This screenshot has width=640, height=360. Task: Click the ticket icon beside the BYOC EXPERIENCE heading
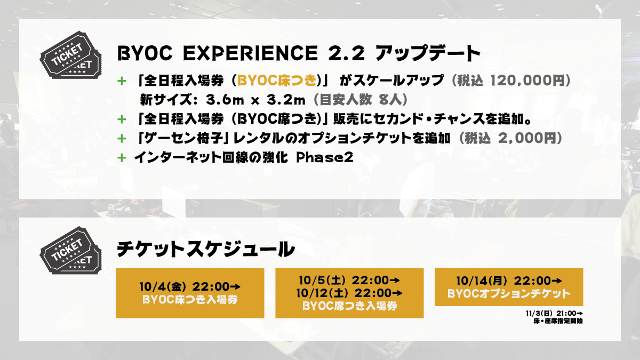(70, 55)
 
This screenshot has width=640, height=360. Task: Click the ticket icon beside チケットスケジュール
(70, 250)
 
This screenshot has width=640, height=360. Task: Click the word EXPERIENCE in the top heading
(250, 53)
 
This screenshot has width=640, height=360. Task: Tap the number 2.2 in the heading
(346, 53)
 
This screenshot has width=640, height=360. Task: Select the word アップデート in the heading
(428, 53)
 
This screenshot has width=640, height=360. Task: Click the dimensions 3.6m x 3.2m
(255, 100)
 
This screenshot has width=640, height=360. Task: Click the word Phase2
(325, 157)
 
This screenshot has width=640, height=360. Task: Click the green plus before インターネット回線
(122, 158)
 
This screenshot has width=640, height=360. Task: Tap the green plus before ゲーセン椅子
(122, 139)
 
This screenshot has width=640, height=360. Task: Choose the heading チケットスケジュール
(206, 250)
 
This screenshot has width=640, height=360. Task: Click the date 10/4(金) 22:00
(190, 286)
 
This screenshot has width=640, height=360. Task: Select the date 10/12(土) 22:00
(349, 293)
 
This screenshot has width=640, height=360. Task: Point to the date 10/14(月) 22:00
(509, 281)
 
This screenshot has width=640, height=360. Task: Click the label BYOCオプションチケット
(509, 294)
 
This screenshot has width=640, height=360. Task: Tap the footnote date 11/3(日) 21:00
(554, 314)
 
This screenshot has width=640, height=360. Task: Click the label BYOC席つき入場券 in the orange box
(349, 306)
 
